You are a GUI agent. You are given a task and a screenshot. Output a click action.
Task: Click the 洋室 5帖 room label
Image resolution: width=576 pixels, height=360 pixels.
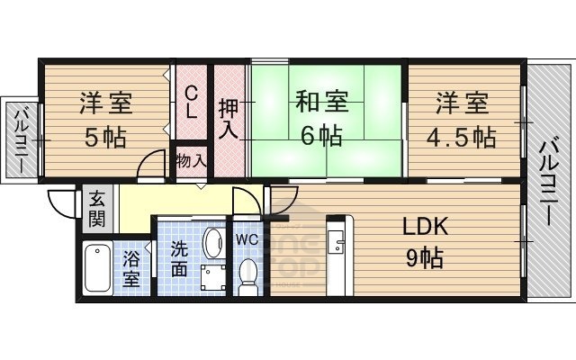(105, 120)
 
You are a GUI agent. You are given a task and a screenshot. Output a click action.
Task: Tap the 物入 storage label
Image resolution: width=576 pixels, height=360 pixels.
(192, 162)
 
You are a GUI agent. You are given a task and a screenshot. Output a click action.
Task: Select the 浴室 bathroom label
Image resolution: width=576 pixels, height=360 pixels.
(131, 269)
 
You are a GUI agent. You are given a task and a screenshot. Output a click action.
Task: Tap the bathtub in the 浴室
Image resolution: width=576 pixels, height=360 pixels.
(96, 267)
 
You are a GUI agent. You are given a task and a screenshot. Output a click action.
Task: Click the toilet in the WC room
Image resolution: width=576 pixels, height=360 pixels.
(248, 274)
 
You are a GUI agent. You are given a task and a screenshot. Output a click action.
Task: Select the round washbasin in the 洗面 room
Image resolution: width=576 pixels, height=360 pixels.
(212, 240)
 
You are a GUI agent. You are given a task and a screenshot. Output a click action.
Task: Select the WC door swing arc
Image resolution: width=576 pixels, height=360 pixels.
(246, 202)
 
